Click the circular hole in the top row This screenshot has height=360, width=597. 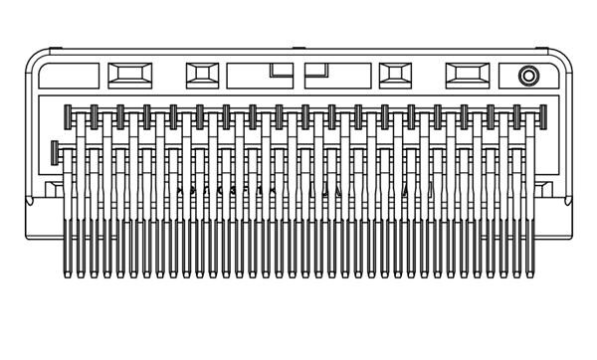click(528, 76)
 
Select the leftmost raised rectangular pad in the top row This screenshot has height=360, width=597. click(129, 75)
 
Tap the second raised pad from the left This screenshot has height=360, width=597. click(202, 75)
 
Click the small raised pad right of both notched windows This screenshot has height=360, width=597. click(395, 75)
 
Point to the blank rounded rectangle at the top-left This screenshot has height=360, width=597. click(70, 76)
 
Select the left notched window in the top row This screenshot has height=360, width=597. click(260, 76)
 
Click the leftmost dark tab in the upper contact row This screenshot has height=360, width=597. click(68, 117)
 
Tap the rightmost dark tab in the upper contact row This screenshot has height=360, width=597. click(543, 117)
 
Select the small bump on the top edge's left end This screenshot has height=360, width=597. click(56, 47)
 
